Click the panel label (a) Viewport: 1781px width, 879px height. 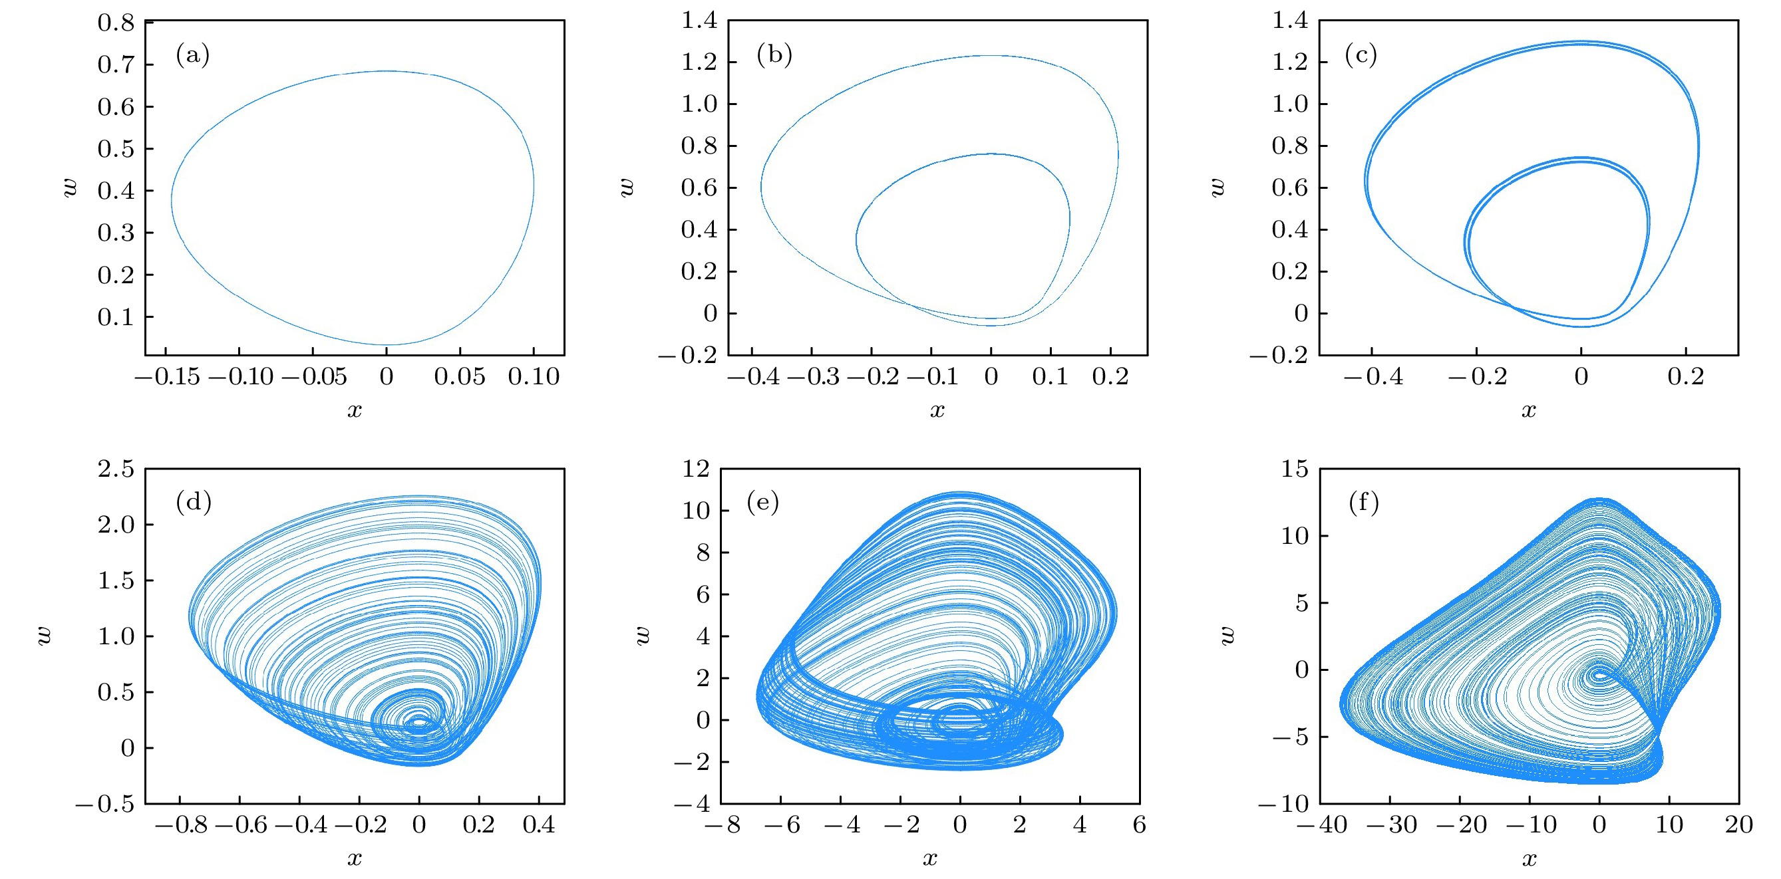click(x=192, y=55)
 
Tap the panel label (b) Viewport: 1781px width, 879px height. click(x=774, y=55)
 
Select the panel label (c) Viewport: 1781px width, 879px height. click(x=1360, y=55)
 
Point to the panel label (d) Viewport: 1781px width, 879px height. click(x=193, y=502)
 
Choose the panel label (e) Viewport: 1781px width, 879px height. click(x=762, y=502)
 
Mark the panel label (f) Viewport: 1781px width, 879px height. click(x=1363, y=503)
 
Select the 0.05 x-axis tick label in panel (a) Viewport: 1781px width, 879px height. click(x=459, y=376)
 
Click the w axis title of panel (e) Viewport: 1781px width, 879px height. click(x=642, y=635)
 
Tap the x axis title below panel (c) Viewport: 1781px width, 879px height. click(x=1529, y=410)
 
